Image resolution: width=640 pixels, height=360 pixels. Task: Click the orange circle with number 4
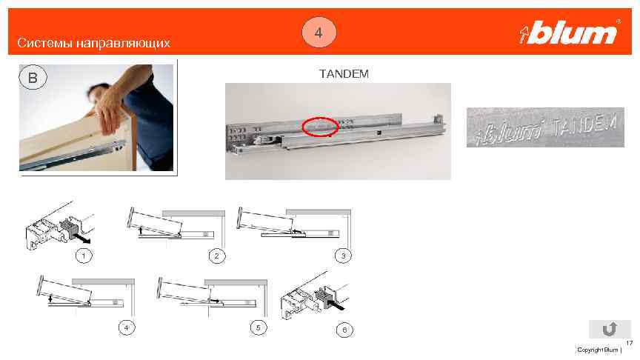click(319, 33)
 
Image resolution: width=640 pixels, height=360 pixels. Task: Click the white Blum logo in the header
click(570, 33)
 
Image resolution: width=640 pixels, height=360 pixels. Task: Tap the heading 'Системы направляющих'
click(94, 43)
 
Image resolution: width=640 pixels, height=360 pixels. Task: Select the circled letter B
click(33, 78)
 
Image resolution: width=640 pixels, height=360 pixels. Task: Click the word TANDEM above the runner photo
click(344, 74)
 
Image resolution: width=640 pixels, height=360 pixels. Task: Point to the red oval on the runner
click(321, 127)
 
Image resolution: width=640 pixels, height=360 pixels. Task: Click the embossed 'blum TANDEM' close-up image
click(545, 127)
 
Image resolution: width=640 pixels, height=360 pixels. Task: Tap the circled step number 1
click(84, 256)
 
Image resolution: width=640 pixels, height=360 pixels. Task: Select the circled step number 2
click(217, 256)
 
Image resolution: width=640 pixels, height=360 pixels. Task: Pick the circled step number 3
click(343, 256)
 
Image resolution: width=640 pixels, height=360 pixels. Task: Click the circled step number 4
click(127, 327)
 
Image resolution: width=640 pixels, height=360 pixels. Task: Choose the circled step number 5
click(258, 327)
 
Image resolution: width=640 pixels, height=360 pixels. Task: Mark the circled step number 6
click(344, 330)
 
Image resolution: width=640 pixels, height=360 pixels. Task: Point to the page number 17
click(629, 343)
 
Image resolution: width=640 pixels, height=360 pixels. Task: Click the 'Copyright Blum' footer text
click(598, 350)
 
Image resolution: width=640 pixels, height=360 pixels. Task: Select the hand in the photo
click(110, 110)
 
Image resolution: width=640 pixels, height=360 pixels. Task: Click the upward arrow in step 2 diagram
click(141, 230)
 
